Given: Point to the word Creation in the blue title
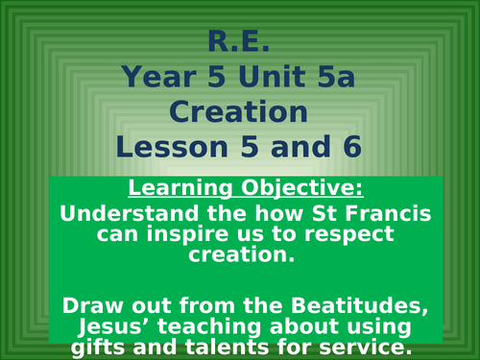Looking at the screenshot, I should [x=239, y=112].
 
